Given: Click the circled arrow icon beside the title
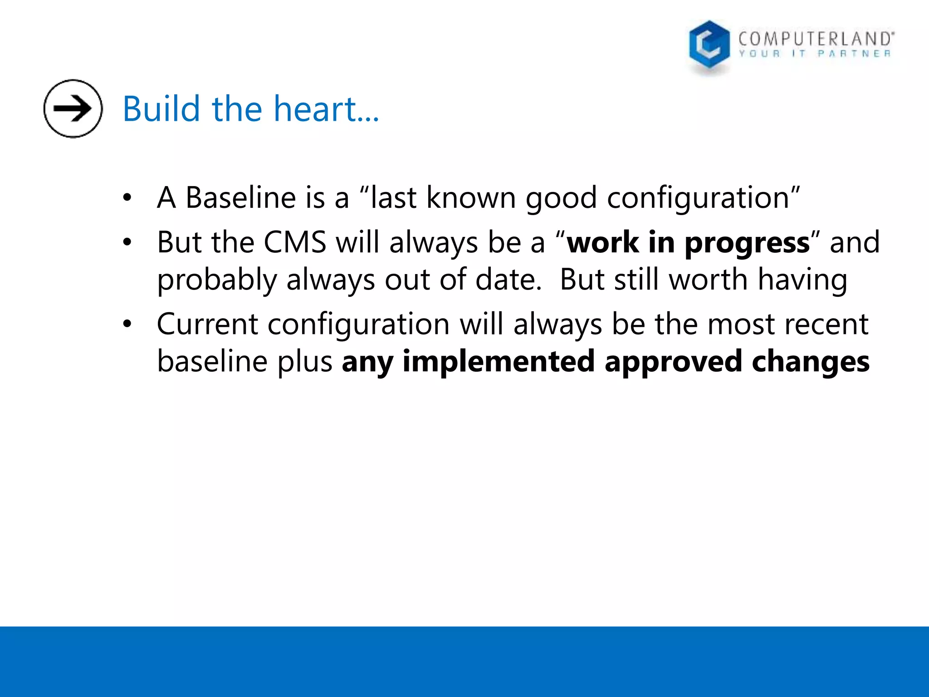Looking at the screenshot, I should pyautogui.click(x=73, y=108).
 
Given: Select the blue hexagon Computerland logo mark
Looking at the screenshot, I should pyautogui.click(x=709, y=45).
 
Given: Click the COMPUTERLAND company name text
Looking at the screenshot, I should pyautogui.click(x=815, y=39).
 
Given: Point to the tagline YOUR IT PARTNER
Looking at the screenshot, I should pyautogui.click(x=815, y=54).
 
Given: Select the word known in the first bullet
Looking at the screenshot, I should pyautogui.click(x=471, y=198).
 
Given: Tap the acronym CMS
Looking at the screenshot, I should pyautogui.click(x=295, y=242).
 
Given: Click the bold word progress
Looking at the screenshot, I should pyautogui.click(x=747, y=243).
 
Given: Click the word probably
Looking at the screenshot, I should pyautogui.click(x=217, y=280).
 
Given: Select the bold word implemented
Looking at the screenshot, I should pyautogui.click(x=498, y=362).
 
